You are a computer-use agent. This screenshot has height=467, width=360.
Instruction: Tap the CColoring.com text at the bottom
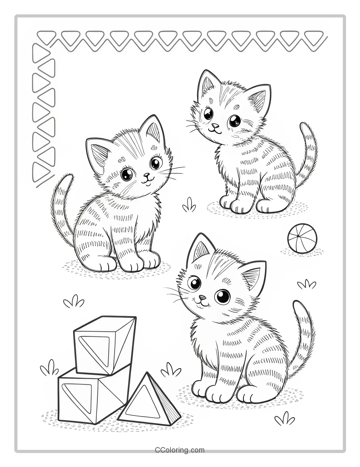tap(180, 450)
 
